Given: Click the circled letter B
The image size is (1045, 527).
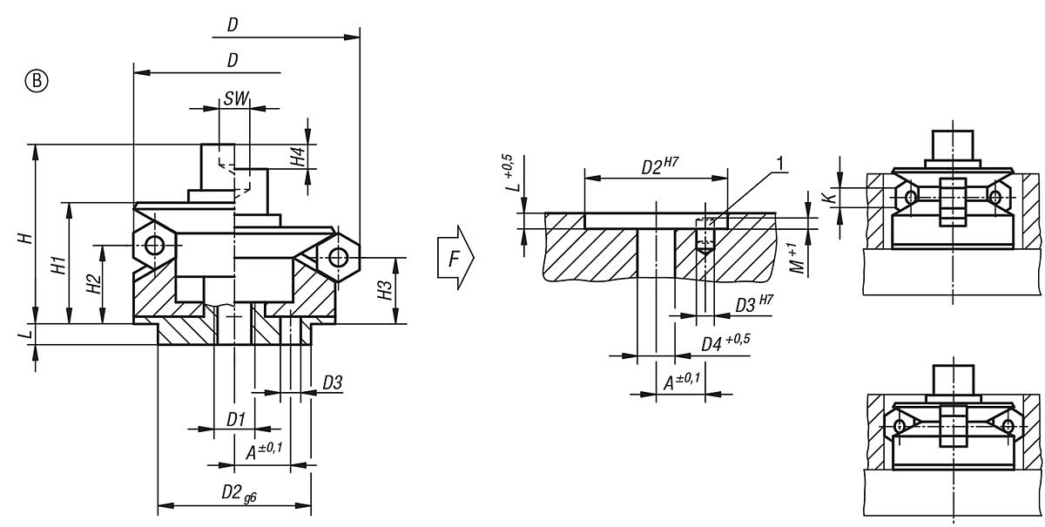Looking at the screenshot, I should pos(37,81).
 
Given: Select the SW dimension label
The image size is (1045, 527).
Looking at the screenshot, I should pos(234,98).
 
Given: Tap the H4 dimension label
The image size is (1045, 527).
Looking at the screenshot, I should pos(298,157).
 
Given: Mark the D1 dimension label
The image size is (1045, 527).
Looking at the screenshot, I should pos(235,419).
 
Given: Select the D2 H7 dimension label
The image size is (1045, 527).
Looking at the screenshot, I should pos(657,166).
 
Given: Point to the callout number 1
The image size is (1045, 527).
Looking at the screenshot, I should pos(780,163).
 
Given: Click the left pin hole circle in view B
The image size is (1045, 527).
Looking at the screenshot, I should pos(154,245).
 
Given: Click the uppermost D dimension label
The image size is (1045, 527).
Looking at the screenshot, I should pos(233,26).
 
